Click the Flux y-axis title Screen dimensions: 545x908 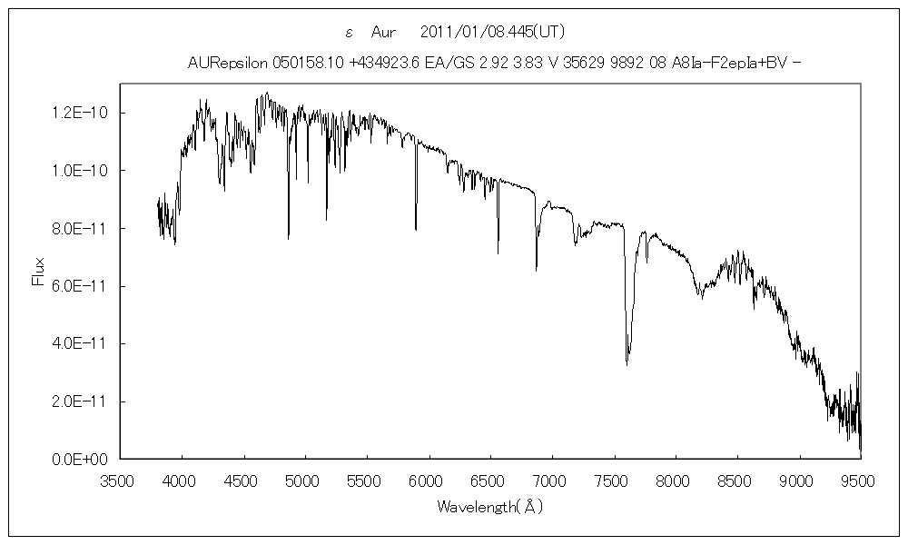pos(38,272)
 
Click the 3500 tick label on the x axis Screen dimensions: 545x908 pos(120,479)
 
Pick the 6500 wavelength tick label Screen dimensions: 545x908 pos(490,479)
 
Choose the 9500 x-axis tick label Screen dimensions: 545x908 pos(860,479)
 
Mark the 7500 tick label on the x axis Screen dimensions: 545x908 pos(614,479)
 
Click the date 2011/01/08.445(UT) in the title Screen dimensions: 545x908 pos(494,32)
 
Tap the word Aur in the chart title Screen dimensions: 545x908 pos(385,32)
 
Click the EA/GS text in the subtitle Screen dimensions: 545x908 pos(443,62)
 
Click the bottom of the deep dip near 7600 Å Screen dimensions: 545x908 pos(627,364)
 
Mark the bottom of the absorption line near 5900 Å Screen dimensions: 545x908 pos(416,229)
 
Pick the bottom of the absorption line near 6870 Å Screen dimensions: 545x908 pos(536,270)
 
